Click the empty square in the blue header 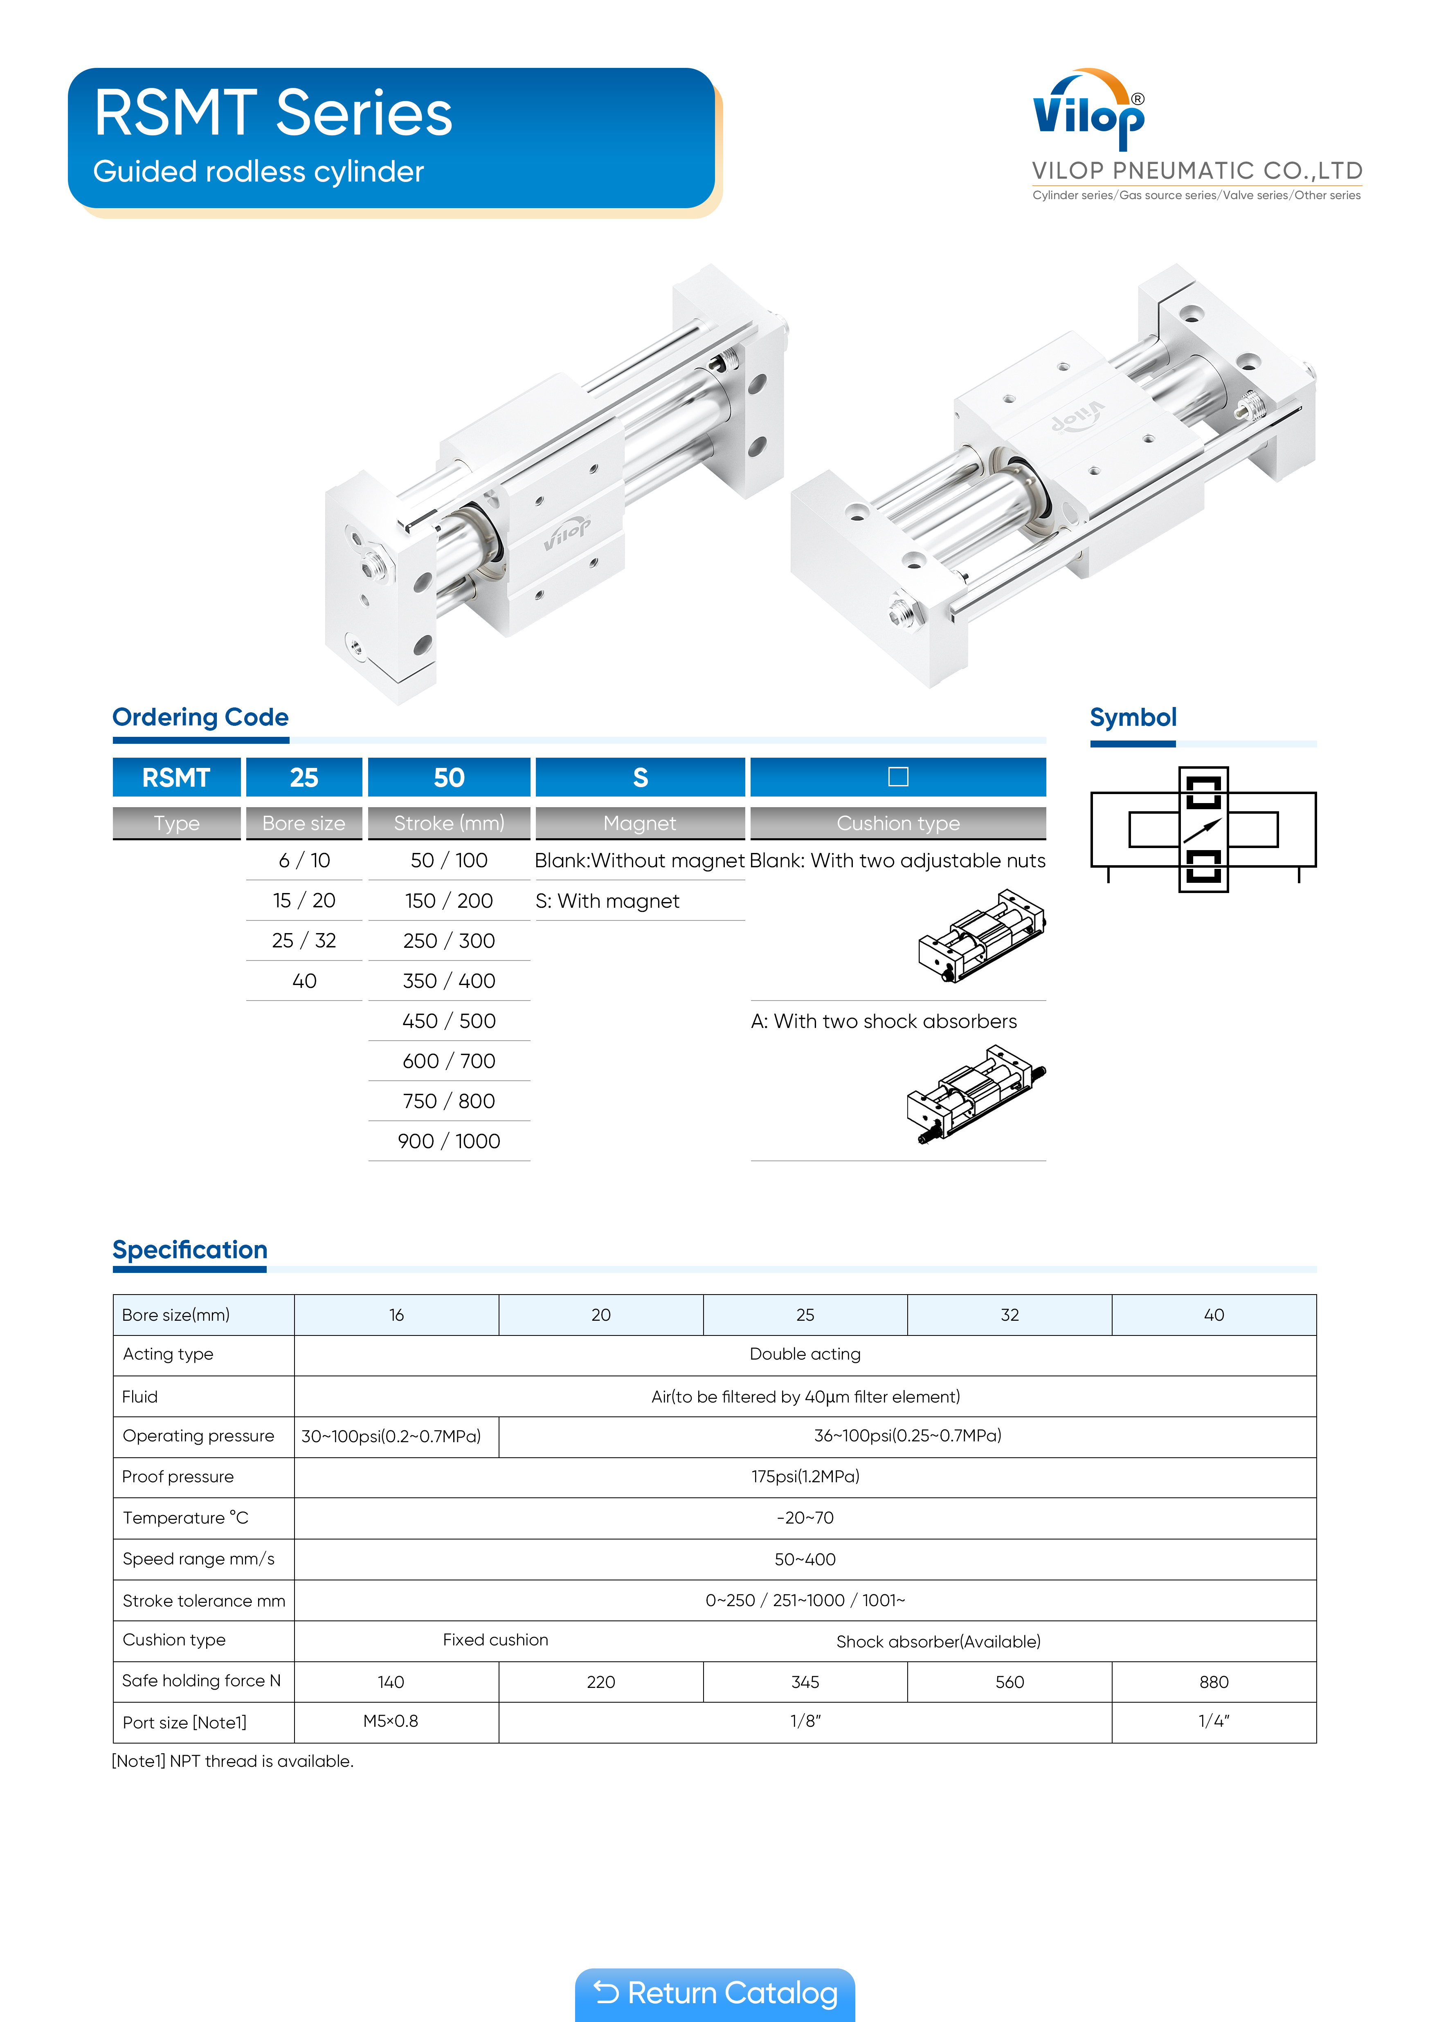coord(898,777)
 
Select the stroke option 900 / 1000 coord(448,1141)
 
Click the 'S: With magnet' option coord(607,901)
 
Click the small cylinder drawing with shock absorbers coord(976,1095)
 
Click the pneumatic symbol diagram coord(1203,829)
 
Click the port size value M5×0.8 coord(390,1721)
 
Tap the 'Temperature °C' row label coord(186,1517)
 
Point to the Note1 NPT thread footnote coord(233,1761)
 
